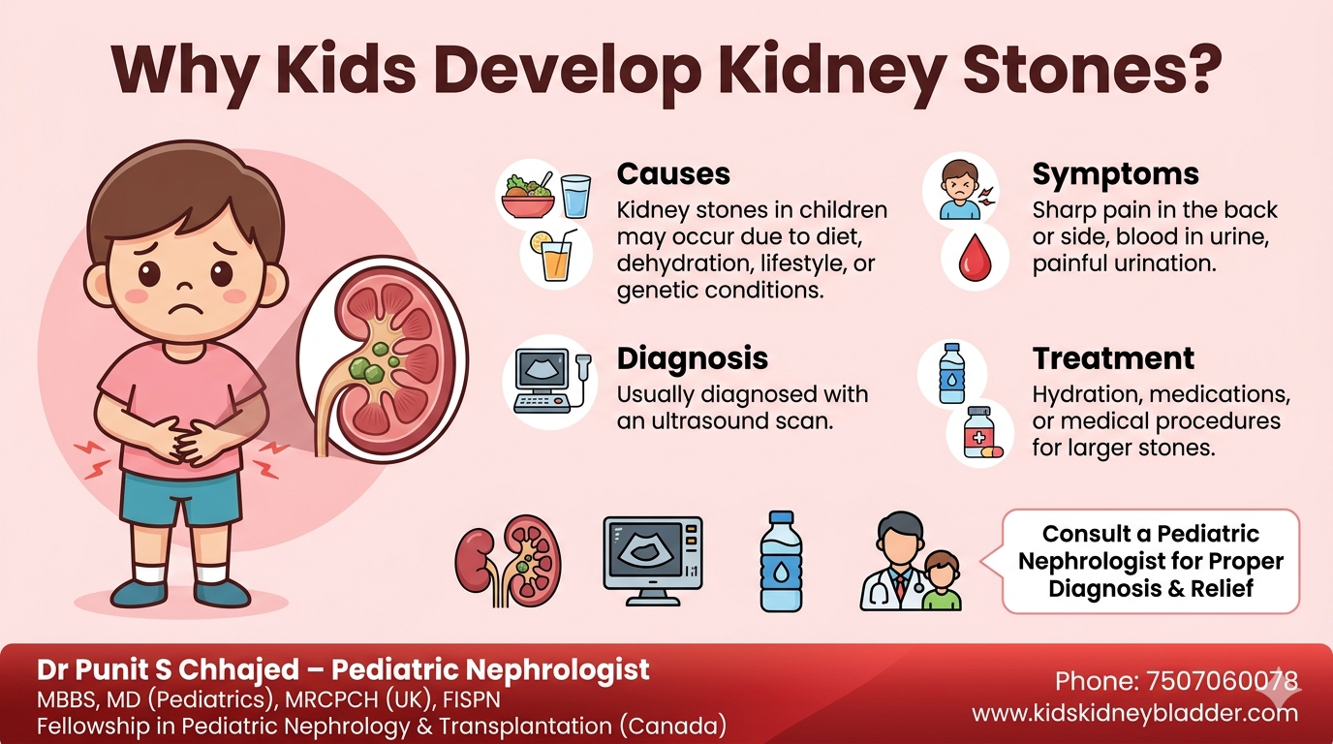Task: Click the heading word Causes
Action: [x=673, y=174]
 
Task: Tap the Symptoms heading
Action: [x=1115, y=174]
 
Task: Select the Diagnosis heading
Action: [x=692, y=358]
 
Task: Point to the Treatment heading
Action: [x=1113, y=358]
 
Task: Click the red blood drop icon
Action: [x=976, y=258]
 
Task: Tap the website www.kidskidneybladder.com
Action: [x=1134, y=714]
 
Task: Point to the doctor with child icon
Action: [x=911, y=564]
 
